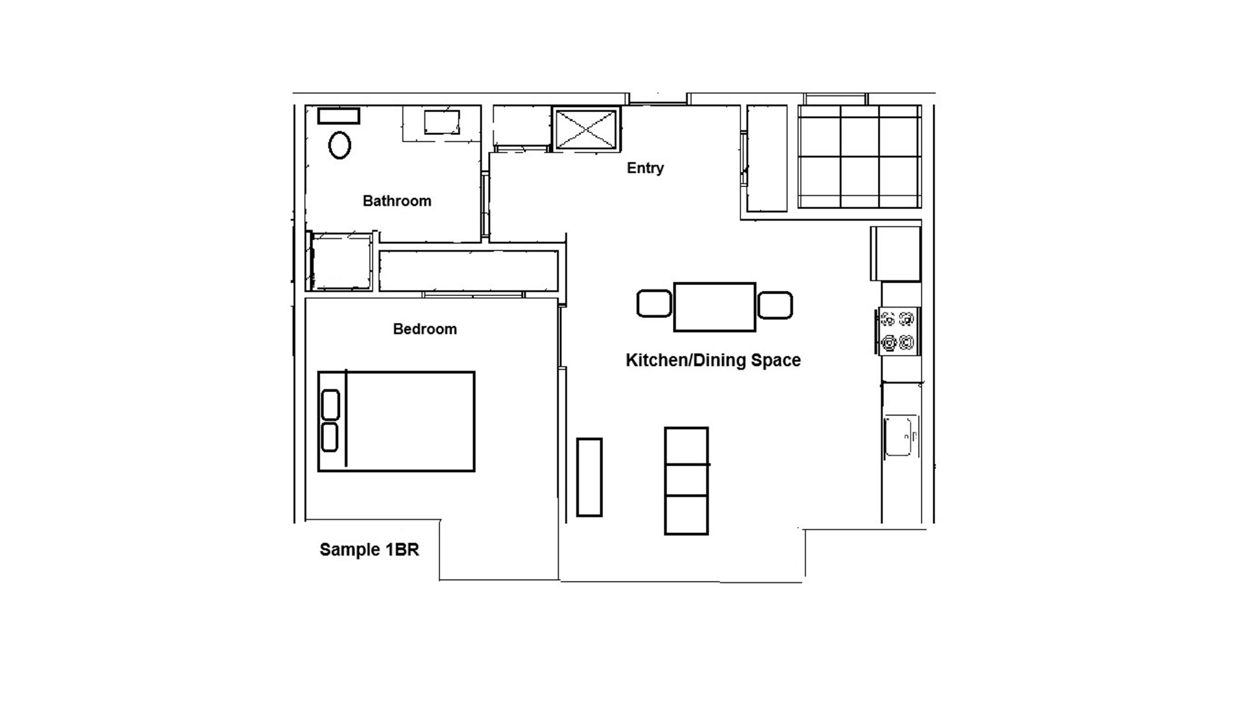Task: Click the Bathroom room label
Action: (x=397, y=201)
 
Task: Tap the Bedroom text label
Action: (x=425, y=329)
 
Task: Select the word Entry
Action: (x=645, y=168)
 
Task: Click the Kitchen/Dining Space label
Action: (x=713, y=360)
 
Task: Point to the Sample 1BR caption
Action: (x=369, y=550)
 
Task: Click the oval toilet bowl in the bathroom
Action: (x=339, y=145)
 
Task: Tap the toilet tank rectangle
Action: (x=338, y=116)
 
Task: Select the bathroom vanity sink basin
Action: (x=442, y=122)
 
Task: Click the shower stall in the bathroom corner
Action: (x=341, y=262)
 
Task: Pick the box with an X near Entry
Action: (x=586, y=129)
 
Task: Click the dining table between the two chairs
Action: (x=715, y=307)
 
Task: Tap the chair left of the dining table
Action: (x=654, y=304)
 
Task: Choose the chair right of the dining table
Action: (x=775, y=305)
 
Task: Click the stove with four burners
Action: (x=898, y=331)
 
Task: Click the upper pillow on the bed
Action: (x=330, y=404)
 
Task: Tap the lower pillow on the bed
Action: (x=330, y=437)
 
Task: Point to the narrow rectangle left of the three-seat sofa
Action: (x=589, y=477)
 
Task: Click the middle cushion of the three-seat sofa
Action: (x=686, y=480)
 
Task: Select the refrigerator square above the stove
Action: (x=896, y=253)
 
